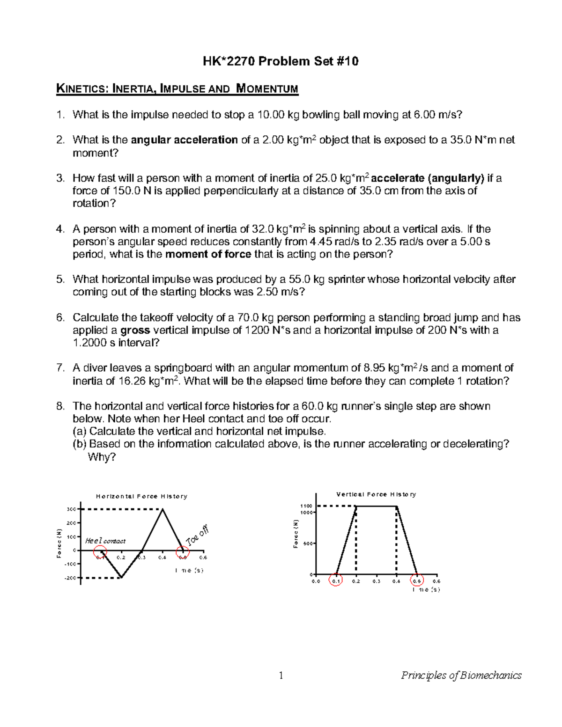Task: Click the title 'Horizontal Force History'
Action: point(141,496)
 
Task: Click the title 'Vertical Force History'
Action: point(376,494)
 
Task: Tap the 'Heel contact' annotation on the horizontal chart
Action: point(105,541)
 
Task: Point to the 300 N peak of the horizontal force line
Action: point(162,509)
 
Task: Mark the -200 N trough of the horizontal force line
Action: point(121,577)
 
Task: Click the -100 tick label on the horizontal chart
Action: point(70,564)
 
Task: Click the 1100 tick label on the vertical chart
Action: point(306,506)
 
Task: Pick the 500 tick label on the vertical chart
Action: point(307,543)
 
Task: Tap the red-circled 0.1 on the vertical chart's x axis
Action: point(336,581)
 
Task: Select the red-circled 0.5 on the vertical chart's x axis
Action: point(416,581)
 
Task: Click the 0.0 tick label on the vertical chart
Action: point(316,581)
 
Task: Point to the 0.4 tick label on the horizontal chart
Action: point(162,558)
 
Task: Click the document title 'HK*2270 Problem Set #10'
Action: point(281,61)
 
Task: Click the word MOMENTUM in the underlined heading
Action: point(267,89)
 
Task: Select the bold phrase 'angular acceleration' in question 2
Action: point(184,140)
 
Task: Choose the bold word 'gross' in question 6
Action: point(135,330)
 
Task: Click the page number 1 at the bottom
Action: point(281,675)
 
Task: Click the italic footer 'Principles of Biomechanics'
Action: point(461,675)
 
